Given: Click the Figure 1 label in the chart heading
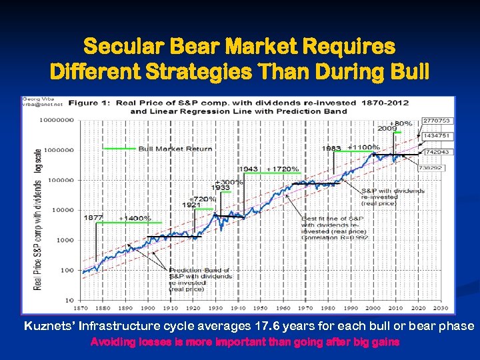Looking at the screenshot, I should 92,103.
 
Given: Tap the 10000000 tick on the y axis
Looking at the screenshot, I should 58,121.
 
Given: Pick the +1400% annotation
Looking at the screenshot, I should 135,218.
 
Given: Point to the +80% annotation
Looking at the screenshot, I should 401,123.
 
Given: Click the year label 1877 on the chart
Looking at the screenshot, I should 93,218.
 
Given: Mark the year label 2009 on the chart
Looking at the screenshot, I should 387,128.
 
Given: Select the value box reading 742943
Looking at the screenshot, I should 437,153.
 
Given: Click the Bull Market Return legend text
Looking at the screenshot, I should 175,149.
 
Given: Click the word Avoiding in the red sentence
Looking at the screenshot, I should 112,342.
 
